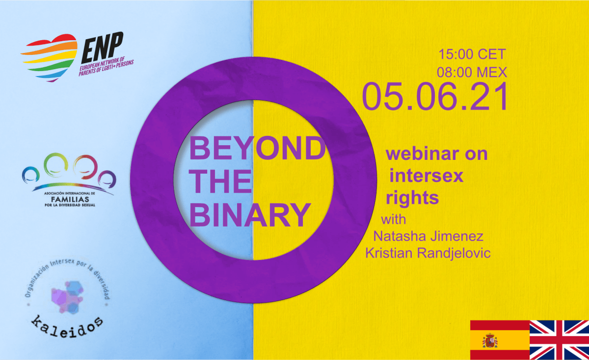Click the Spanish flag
pos(500,339)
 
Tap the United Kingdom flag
pos(560,339)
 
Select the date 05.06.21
pos(435,96)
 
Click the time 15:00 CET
pos(472,54)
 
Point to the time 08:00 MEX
pos(472,72)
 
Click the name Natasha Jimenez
pos(428,236)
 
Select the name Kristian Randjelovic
pos(428,254)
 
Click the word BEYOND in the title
pos(257,148)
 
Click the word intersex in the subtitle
pos(426,176)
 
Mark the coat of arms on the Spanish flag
pos(490,340)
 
